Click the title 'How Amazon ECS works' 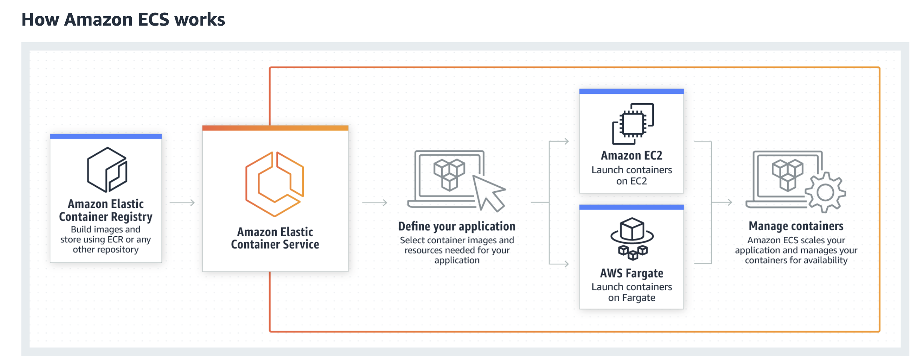123,20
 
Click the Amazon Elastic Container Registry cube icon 107,170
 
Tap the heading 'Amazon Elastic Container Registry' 106,210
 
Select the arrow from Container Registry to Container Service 182,203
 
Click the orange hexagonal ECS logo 275,184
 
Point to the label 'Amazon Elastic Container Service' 275,238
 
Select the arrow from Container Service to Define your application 375,203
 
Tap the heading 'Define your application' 457,226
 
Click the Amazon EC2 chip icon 633,124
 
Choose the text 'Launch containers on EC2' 632,175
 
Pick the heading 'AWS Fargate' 632,273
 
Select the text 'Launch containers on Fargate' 632,292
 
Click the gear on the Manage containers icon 825,192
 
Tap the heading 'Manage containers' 796,226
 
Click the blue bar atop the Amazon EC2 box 631,91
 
